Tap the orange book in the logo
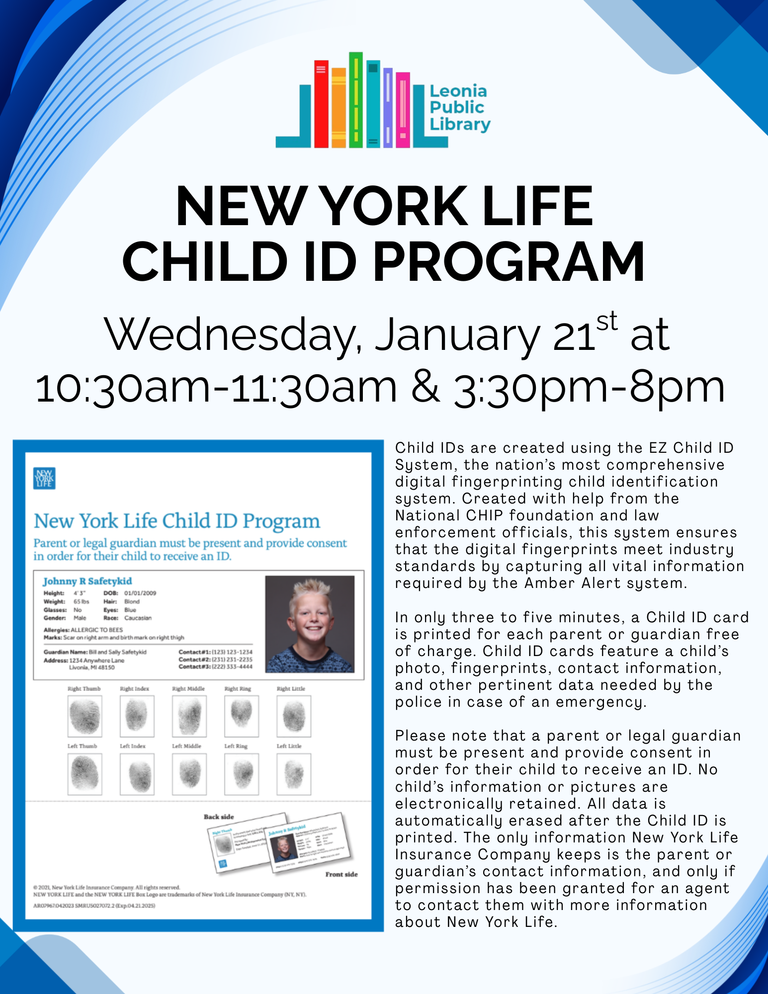(339, 108)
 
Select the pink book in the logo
(403, 110)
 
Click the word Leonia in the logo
(458, 91)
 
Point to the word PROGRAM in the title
(509, 261)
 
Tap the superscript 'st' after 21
(606, 321)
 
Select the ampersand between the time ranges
(426, 387)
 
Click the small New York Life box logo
(44, 478)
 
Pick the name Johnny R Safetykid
(87, 581)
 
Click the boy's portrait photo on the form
(310, 624)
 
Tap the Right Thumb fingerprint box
(85, 716)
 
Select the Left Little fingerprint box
(294, 774)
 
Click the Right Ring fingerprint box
(242, 716)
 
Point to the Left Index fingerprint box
(137, 774)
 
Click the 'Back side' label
(218, 817)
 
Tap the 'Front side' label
(341, 874)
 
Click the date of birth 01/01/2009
(140, 593)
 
